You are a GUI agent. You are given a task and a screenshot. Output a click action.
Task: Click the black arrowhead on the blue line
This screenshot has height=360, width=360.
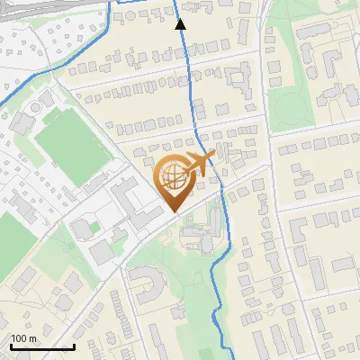(180, 24)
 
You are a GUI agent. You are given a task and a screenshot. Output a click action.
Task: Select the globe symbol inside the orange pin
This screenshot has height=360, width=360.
(172, 176)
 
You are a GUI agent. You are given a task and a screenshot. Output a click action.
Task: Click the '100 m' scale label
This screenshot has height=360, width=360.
(23, 338)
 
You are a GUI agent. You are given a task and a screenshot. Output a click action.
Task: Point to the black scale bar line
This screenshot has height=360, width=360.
(41, 346)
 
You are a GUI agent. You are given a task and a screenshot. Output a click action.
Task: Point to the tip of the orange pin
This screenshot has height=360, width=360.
(174, 211)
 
